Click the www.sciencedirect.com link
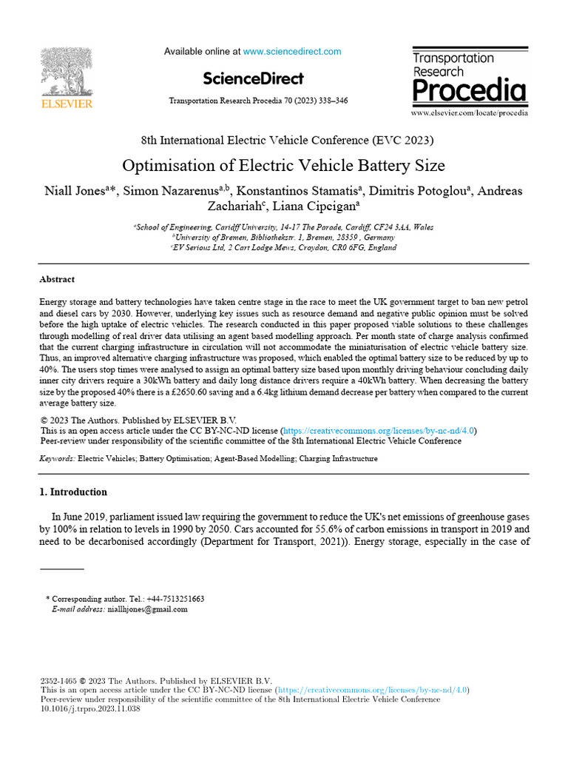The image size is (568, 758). pyautogui.click(x=292, y=52)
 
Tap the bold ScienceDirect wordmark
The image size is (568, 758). pyautogui.click(x=253, y=78)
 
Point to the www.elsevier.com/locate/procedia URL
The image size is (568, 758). pyautogui.click(x=469, y=113)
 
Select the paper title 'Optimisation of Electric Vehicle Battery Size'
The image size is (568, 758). pyautogui.click(x=283, y=164)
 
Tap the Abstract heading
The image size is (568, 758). pyautogui.click(x=57, y=280)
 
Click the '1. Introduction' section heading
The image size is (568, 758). pyautogui.click(x=73, y=492)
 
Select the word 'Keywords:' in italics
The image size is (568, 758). pyautogui.click(x=57, y=459)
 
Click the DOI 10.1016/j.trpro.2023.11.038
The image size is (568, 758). pyautogui.click(x=90, y=708)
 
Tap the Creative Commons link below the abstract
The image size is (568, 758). pyautogui.click(x=379, y=430)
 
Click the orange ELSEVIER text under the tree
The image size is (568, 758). pyautogui.click(x=67, y=104)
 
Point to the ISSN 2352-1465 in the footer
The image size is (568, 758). pyautogui.click(x=58, y=681)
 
